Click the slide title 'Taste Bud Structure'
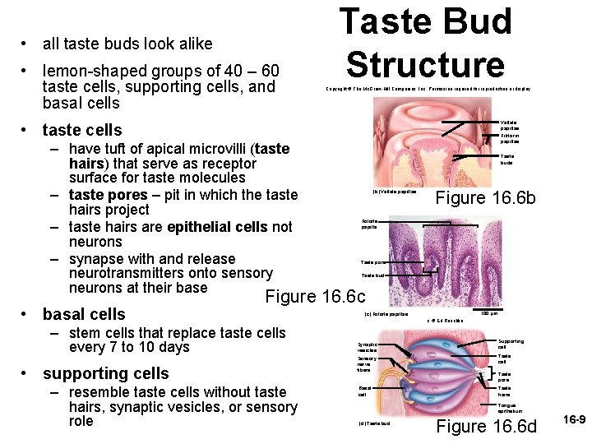pos(425,43)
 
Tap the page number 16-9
pos(573,419)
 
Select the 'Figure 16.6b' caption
pos(485,199)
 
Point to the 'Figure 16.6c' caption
pos(315,296)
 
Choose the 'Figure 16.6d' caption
pos(486,426)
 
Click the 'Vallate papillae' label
pos(509,125)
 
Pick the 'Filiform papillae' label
pos(509,139)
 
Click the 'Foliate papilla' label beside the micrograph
pos(369,224)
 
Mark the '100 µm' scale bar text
pos(488,313)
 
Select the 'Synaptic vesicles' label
pos(368,347)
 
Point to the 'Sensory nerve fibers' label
pos(368,364)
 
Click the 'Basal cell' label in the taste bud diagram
pos(365,391)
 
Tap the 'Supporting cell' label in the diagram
pos(511,344)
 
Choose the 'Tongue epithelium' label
pos(510,409)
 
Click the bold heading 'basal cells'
pos(84,314)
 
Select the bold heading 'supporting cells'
pos(105,373)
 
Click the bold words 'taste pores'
pos(108,195)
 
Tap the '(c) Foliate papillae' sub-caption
pos(386,314)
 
